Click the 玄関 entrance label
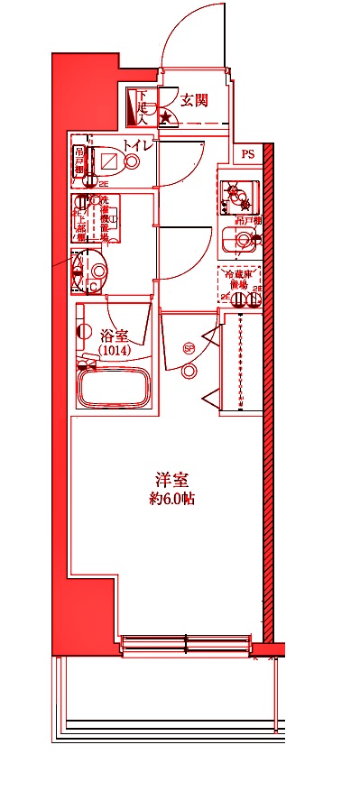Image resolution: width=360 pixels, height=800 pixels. [194, 100]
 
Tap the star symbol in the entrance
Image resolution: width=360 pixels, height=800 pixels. [165, 116]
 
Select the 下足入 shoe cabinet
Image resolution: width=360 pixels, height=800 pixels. [140, 107]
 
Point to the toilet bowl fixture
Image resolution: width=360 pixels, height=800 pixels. [114, 161]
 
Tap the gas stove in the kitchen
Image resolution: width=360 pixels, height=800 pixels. [238, 194]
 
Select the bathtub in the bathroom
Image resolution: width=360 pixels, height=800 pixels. [115, 390]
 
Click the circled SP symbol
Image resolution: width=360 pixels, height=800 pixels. [189, 348]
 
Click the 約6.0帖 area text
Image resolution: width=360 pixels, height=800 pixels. [171, 499]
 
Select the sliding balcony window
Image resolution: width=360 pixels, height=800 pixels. [185, 643]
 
